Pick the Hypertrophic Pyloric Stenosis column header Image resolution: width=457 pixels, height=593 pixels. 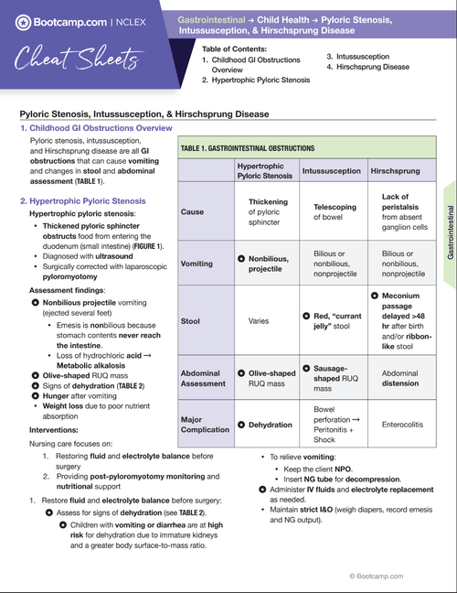tap(264, 171)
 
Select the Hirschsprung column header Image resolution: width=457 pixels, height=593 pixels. tap(396, 171)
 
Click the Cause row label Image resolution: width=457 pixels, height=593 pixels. tap(193, 212)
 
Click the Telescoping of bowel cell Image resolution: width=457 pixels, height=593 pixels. tap(328, 212)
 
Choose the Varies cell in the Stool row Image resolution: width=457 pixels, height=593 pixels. tap(264, 321)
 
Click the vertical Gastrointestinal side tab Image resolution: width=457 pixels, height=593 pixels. tap(450, 232)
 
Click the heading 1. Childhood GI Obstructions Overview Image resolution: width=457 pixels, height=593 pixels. tap(96, 128)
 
